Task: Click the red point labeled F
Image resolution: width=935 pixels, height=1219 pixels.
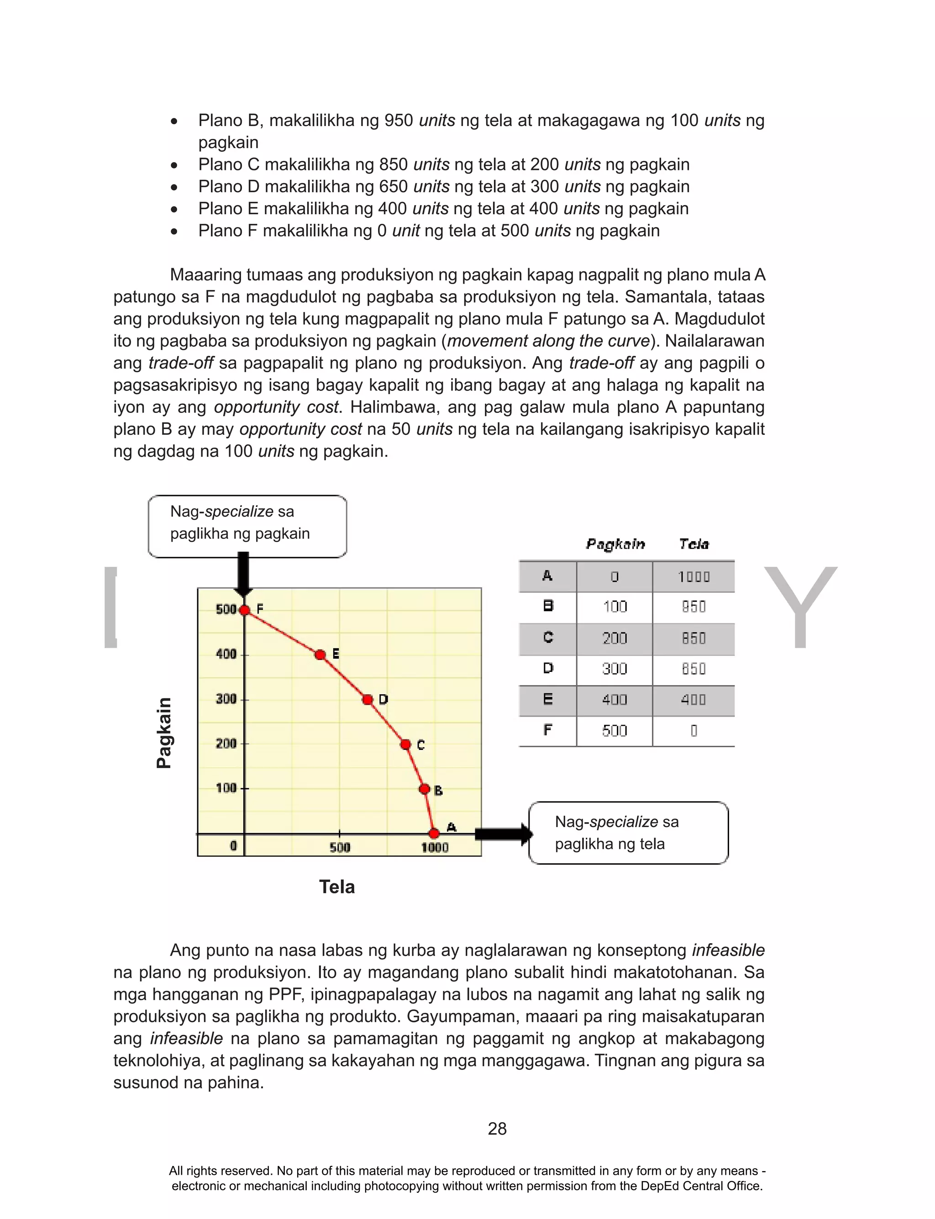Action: (244, 610)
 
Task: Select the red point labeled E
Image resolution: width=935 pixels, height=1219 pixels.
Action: (320, 654)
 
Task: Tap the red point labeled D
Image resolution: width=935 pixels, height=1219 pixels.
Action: (368, 700)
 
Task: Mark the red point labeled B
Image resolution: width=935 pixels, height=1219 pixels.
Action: (425, 789)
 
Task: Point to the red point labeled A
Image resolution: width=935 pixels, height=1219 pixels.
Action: (434, 833)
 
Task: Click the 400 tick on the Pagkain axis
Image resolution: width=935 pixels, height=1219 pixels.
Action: (226, 654)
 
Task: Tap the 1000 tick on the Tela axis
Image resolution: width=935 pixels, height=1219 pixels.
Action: (435, 847)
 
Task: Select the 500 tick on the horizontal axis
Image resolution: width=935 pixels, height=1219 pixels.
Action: (340, 847)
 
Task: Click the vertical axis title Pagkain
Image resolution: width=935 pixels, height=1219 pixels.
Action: (163, 733)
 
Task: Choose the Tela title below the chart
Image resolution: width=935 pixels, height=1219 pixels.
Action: (337, 887)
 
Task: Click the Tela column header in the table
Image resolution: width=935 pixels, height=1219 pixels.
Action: (693, 544)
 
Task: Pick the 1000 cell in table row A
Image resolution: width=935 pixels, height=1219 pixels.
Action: (693, 577)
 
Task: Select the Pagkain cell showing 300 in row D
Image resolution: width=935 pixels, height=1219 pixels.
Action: (615, 669)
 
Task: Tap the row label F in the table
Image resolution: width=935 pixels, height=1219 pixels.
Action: (548, 730)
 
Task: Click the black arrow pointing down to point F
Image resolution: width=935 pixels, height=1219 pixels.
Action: (243, 573)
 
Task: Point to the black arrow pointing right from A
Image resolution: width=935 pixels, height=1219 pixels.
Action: (503, 833)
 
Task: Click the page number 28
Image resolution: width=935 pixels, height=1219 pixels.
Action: (497, 1128)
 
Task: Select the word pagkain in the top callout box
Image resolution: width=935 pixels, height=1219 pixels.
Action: (282, 533)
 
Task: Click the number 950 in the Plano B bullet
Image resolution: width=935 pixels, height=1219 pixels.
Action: (399, 120)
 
